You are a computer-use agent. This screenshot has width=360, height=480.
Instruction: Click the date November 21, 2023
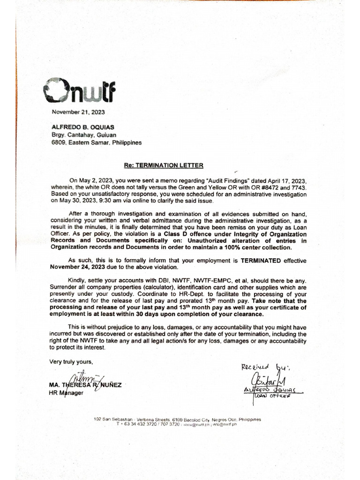(78, 112)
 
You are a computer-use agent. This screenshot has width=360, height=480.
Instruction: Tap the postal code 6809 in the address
(59, 142)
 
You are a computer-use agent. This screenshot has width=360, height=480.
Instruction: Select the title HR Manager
(66, 393)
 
